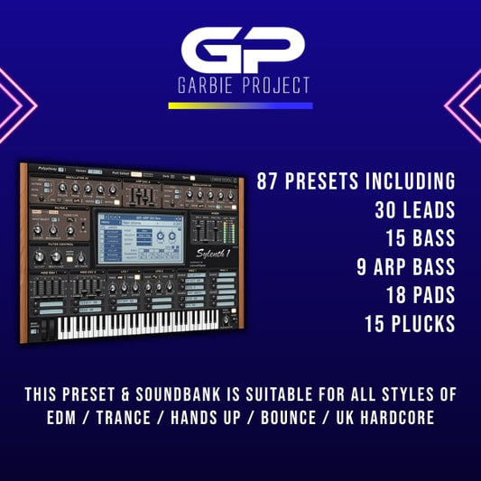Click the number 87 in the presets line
click(x=270, y=180)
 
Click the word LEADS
click(x=426, y=209)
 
